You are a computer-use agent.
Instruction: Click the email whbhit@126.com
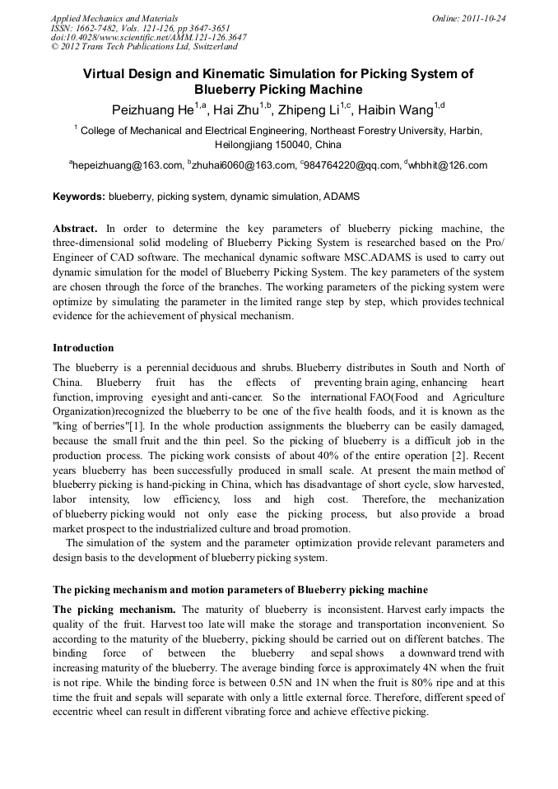(447, 165)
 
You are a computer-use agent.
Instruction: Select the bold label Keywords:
(79, 197)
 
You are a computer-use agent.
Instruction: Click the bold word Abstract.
(75, 228)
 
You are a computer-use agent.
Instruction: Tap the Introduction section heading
(83, 347)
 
